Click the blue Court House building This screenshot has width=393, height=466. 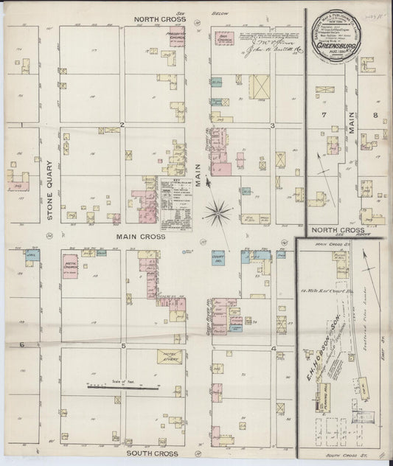[x=218, y=258]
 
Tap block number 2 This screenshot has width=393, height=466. [x=123, y=125]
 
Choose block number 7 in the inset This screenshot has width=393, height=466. [x=323, y=116]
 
